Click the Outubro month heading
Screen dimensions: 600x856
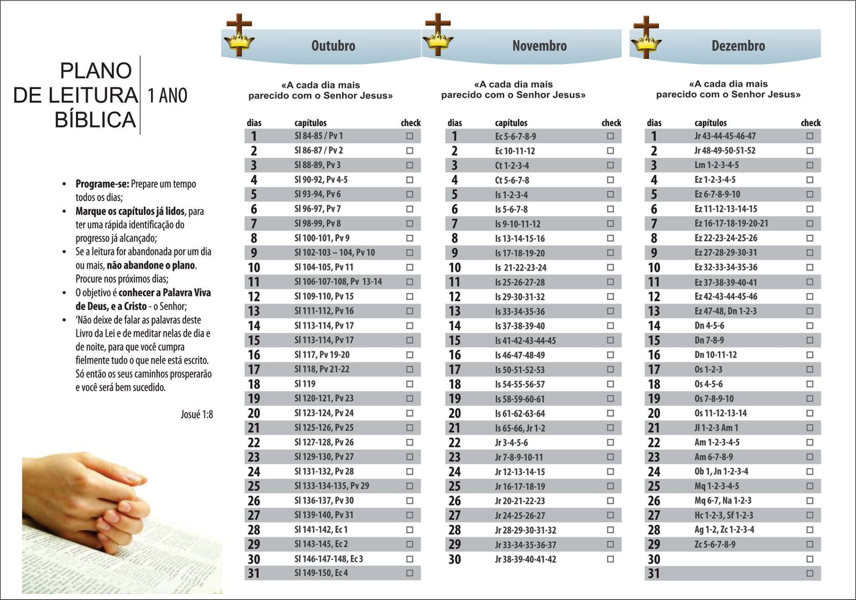pyautogui.click(x=333, y=46)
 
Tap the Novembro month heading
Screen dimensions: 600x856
pyautogui.click(x=539, y=46)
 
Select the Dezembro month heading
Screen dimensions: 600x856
pyautogui.click(x=738, y=46)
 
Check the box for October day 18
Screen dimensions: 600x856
pyautogui.click(x=410, y=384)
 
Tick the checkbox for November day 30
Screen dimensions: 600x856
pyautogui.click(x=610, y=559)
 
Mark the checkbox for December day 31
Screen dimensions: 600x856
pyautogui.click(x=810, y=573)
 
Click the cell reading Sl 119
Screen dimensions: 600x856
pyautogui.click(x=305, y=384)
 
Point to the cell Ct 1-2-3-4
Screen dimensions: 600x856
pyautogui.click(x=512, y=165)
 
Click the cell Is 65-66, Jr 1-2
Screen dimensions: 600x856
pyautogui.click(x=520, y=428)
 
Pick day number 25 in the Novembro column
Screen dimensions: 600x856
pyautogui.click(x=455, y=486)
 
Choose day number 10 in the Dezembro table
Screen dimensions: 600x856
pyautogui.click(x=654, y=267)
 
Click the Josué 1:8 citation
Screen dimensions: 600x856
pyautogui.click(x=196, y=414)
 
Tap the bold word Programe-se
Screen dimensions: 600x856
pyautogui.click(x=102, y=184)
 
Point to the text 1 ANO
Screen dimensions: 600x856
pyautogui.click(x=167, y=95)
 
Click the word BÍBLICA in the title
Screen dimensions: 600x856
pyautogui.click(x=95, y=120)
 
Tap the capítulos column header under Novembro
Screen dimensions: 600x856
pyautogui.click(x=511, y=123)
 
